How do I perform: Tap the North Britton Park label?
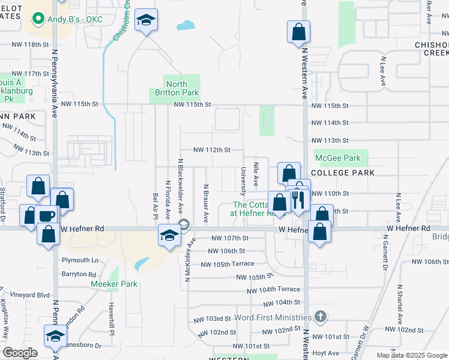176,89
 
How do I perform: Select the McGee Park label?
340,158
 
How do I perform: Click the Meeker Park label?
114,284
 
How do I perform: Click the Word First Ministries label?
274,317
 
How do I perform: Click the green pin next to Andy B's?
39,19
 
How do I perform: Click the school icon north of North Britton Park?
146,22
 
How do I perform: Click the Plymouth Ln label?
80,260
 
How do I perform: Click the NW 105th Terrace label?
228,264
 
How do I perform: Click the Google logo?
20,353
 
